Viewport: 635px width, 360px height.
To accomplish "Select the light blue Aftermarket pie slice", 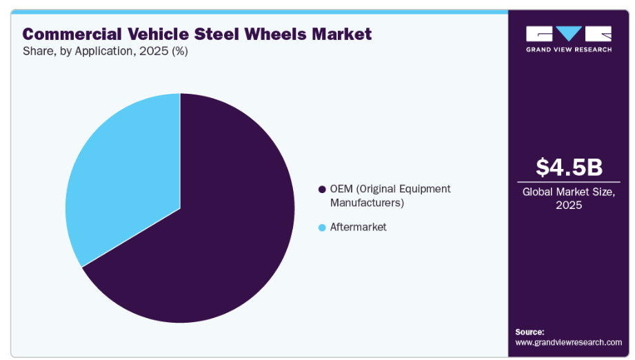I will (x=124, y=179).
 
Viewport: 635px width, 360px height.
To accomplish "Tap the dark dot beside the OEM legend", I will (x=321, y=189).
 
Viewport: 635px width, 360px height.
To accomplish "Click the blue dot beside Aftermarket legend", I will (x=321, y=227).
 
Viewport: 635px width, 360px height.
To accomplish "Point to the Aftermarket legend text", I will (x=358, y=227).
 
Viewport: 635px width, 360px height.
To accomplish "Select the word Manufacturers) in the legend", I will (x=366, y=203).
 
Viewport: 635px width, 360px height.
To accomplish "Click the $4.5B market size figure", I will (x=569, y=167).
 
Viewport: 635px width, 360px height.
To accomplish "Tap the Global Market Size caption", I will (x=569, y=192).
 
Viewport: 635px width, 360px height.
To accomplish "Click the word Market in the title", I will (x=338, y=34).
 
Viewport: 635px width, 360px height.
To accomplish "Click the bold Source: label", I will (x=530, y=332).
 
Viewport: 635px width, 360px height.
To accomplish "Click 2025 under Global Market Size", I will (x=569, y=206).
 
